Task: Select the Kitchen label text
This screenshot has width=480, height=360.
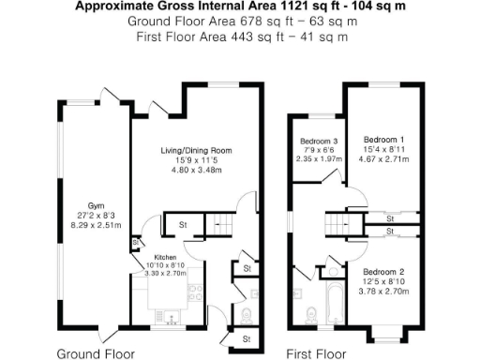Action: [165, 256]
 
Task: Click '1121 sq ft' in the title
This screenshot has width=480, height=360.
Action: [288, 6]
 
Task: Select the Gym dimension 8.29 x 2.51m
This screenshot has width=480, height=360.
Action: [96, 224]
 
